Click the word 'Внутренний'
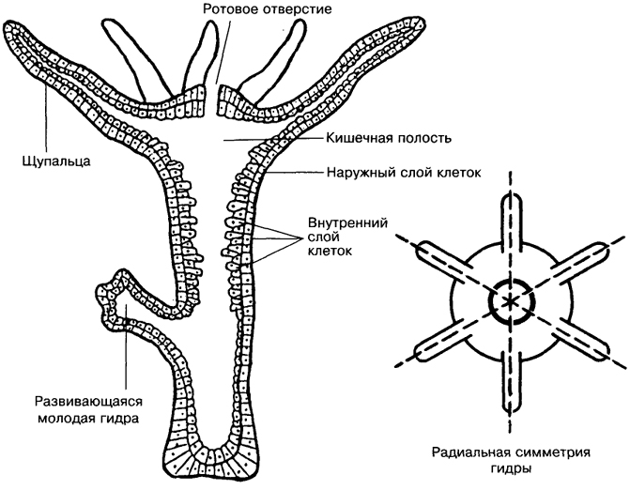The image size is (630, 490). click(343, 226)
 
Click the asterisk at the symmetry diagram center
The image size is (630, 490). click(510, 301)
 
